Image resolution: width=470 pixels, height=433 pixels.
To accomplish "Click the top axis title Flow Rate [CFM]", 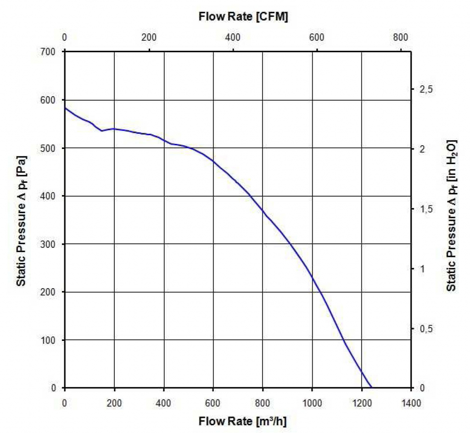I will [x=243, y=17].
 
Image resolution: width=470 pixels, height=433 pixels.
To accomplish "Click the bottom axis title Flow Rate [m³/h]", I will [x=243, y=421].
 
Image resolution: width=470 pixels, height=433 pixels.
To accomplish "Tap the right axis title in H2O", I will [x=452, y=215].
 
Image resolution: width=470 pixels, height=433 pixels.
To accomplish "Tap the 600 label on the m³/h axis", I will [x=213, y=403].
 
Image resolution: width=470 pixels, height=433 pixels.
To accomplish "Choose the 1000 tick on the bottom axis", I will [x=312, y=403].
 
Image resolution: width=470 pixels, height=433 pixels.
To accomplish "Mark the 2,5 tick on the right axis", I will [x=426, y=89].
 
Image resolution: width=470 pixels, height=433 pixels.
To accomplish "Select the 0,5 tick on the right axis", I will [x=426, y=329].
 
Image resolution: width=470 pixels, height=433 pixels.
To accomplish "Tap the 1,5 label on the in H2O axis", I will [x=426, y=209].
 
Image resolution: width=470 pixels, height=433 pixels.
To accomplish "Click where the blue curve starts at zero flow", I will [x=65, y=108].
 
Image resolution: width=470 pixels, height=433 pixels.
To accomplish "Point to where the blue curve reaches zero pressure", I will [x=371, y=388].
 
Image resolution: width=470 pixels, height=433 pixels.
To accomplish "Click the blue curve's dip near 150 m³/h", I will [x=102, y=131].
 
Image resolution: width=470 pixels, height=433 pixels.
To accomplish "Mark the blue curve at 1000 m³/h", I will [x=312, y=278].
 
